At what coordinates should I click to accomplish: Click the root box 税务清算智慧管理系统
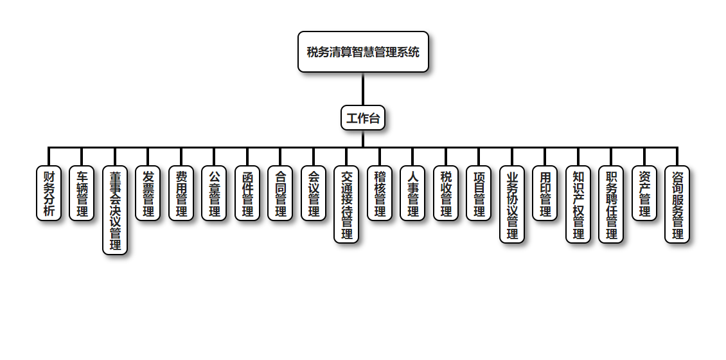tap(363, 52)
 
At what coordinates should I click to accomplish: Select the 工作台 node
tap(363, 118)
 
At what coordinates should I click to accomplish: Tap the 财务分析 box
tap(49, 194)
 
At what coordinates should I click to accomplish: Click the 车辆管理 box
tap(82, 194)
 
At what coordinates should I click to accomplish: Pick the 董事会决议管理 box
tap(115, 210)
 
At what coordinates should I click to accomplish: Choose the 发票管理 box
tap(148, 194)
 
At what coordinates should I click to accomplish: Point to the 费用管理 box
tap(181, 194)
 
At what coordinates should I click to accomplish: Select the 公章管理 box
tap(214, 194)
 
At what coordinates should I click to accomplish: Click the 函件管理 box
tap(247, 194)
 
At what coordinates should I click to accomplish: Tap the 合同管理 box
tap(280, 194)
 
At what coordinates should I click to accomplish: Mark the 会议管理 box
tap(314, 194)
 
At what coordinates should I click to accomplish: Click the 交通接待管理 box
tap(346, 204)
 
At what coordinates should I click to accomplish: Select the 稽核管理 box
tap(380, 194)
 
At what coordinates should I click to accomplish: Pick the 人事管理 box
tap(412, 194)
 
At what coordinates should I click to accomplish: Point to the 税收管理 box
tap(446, 194)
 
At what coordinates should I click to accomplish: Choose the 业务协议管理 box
tap(512, 204)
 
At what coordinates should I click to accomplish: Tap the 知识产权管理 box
tap(578, 204)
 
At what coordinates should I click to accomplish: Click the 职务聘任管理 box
tap(611, 204)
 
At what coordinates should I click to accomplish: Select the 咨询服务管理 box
tap(677, 204)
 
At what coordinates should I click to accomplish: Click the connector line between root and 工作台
tap(363, 89)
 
